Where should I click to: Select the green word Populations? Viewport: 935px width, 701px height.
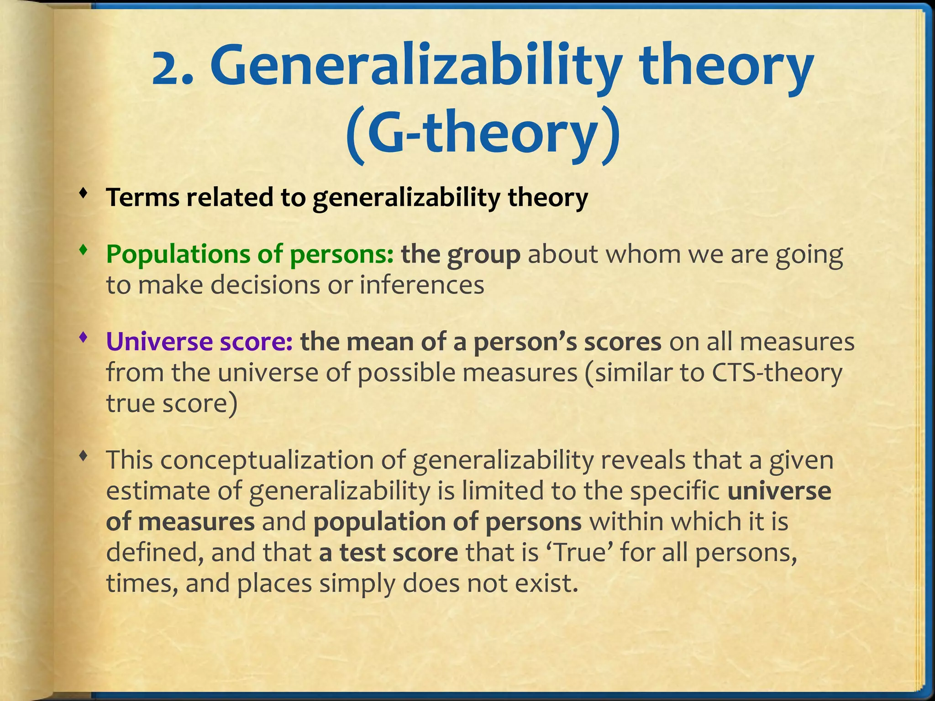tap(178, 254)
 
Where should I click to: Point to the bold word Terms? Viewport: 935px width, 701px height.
tap(143, 197)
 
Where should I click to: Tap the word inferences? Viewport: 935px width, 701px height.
tap(422, 285)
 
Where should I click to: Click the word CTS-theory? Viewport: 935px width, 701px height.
tap(776, 372)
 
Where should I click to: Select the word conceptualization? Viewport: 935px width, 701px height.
tap(267, 460)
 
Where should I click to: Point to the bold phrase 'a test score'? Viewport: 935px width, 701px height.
tap(388, 552)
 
